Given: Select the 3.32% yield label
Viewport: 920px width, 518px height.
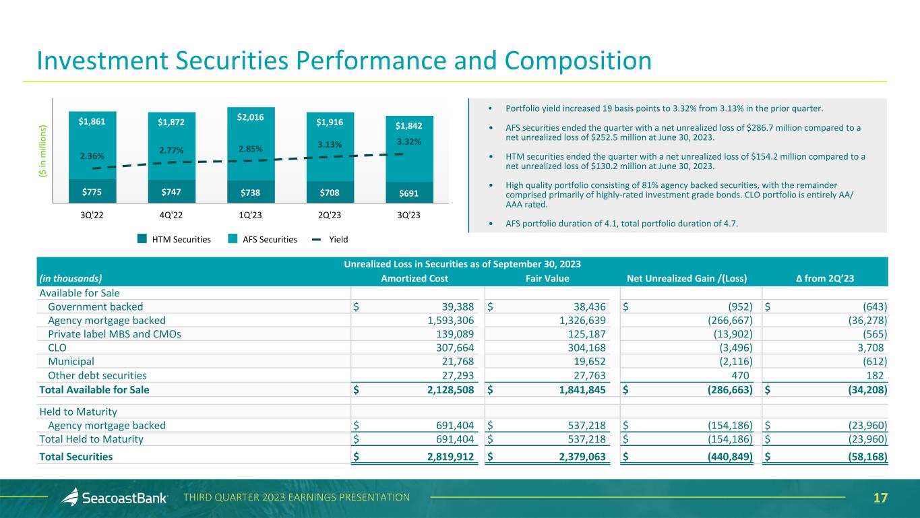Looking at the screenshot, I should (x=410, y=141).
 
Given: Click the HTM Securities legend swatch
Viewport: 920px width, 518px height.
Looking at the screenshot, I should (x=142, y=238).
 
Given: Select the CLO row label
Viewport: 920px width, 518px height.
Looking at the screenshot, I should (x=57, y=348).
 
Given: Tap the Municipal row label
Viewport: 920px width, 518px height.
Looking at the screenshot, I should (x=71, y=362).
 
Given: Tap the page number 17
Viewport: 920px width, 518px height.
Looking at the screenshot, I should (x=880, y=498).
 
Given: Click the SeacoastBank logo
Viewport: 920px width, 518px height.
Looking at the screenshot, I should (x=114, y=498).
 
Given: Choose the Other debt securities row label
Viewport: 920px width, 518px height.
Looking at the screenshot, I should (x=97, y=375).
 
